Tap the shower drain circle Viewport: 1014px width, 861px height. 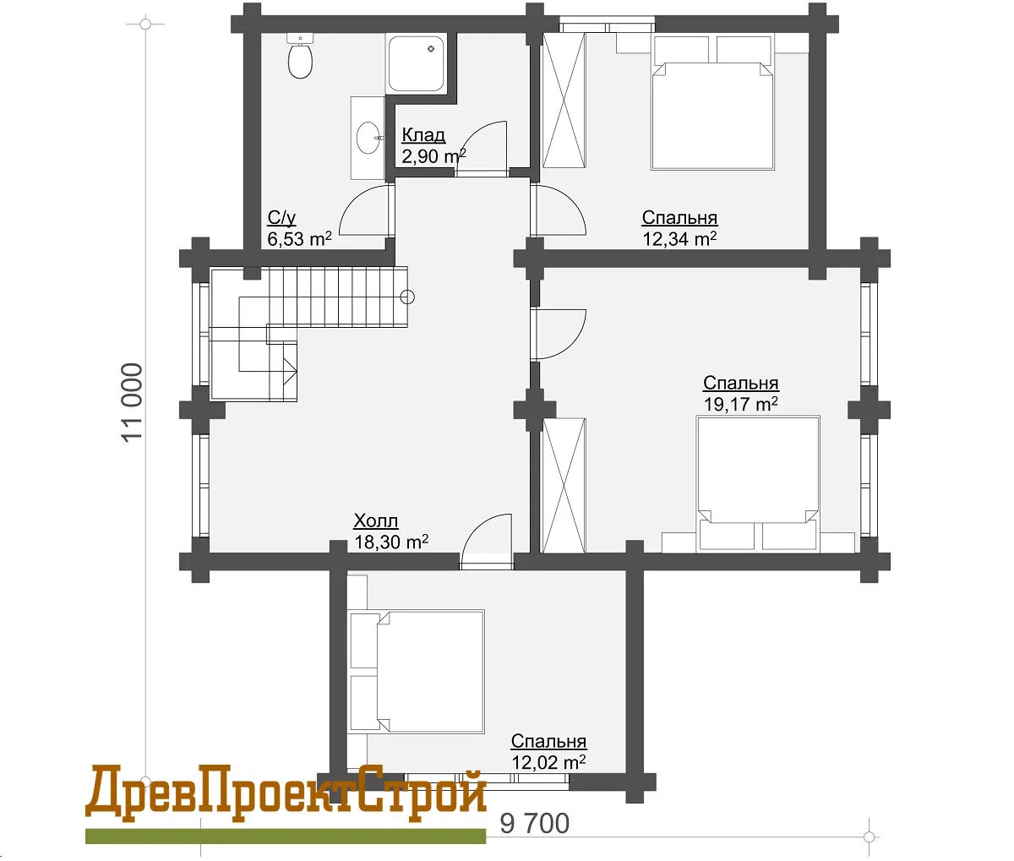pos(431,49)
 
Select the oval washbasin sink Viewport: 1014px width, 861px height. pos(368,138)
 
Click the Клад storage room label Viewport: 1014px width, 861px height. pos(423,134)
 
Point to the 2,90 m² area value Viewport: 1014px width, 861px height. pos(433,156)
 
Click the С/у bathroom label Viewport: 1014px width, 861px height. pos(281,217)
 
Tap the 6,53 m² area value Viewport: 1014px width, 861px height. pos(299,239)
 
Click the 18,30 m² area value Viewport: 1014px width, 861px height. pos(391,542)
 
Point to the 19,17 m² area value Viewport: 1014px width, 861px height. pos(741,404)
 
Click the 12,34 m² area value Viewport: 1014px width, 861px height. pos(679,239)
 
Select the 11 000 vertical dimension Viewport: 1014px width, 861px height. pos(133,402)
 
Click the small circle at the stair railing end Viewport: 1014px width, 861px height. pos(407,297)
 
